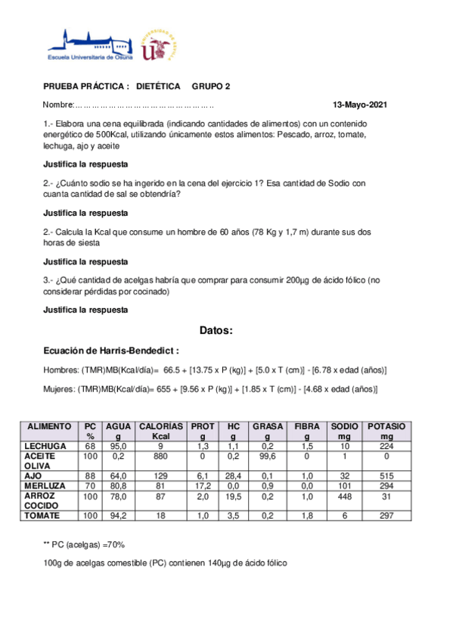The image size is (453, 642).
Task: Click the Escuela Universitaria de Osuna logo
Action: tap(89, 45)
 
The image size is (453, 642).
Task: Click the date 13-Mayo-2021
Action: tap(361, 104)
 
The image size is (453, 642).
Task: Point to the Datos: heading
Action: tap(216, 331)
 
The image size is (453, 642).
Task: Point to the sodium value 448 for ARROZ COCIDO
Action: tap(345, 496)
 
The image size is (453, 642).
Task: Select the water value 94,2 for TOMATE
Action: tap(118, 515)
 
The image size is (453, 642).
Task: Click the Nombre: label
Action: tap(57, 104)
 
